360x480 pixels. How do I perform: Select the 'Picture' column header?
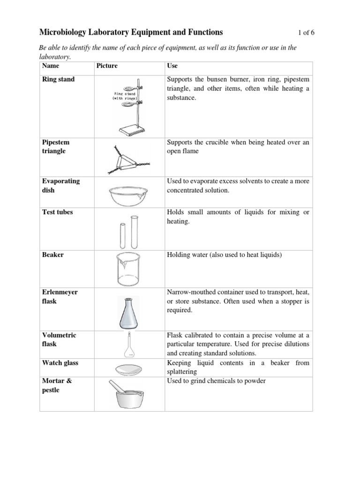107,66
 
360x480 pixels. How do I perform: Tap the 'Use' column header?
172,66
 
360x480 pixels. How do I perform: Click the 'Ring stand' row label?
59,79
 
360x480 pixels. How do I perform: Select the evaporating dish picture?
126,195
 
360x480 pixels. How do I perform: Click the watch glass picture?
127,368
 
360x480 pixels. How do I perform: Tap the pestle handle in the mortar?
116,387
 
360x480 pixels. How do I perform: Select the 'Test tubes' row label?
58,212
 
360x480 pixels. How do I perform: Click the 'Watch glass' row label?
60,363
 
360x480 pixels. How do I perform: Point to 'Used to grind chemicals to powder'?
216,381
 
